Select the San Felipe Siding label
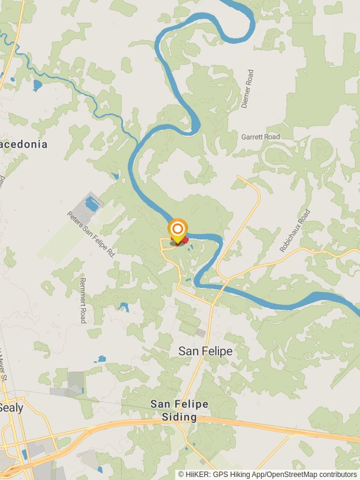point(179,410)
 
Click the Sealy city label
point(11,407)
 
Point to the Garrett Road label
point(260,137)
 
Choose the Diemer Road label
point(247,89)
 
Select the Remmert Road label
point(83,300)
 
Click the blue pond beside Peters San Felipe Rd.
point(92,204)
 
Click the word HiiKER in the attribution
point(197,474)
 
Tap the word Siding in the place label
point(179,417)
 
